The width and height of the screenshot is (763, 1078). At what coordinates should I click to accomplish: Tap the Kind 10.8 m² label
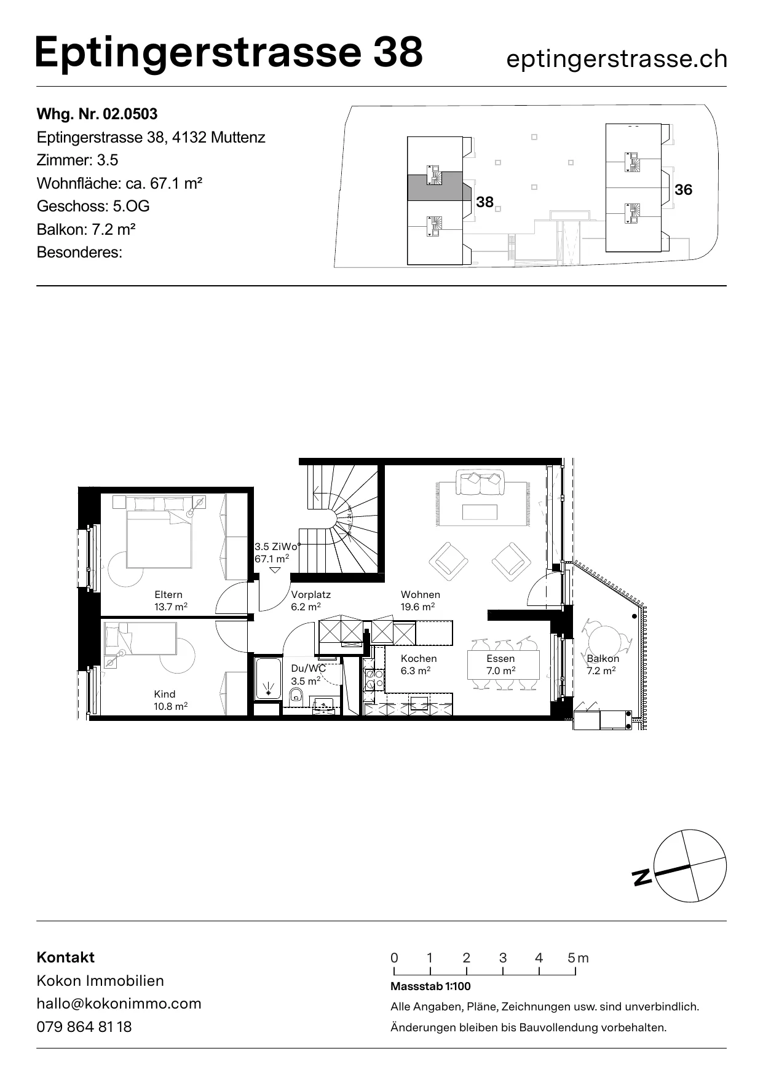(170, 700)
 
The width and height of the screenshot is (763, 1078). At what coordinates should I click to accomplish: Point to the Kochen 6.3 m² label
(419, 664)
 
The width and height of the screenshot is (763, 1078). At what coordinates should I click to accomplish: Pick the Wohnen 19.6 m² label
(421, 600)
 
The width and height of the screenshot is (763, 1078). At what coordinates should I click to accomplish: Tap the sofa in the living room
(480, 483)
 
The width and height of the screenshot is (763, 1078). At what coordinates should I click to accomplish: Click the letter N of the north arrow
(642, 877)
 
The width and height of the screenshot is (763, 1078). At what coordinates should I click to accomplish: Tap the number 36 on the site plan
(683, 190)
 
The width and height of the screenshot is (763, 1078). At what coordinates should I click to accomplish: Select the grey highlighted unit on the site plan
(435, 186)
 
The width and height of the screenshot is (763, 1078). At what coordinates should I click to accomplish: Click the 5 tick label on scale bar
(572, 958)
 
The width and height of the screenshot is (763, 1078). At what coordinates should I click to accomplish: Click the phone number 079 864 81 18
(84, 1026)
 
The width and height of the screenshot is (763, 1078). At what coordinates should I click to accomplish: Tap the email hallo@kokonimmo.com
(119, 1004)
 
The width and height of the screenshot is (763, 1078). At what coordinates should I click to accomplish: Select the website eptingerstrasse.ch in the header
(617, 59)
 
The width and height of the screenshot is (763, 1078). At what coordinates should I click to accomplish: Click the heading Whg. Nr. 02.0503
(97, 114)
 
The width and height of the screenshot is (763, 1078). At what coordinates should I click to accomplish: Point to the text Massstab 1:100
(430, 986)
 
